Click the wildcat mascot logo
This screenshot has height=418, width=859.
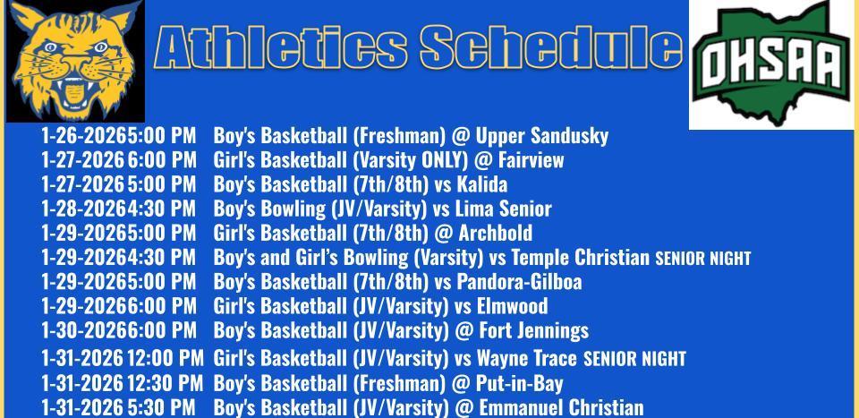click(74, 61)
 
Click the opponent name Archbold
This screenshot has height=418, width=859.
click(495, 234)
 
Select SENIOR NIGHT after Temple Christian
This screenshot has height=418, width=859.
click(702, 259)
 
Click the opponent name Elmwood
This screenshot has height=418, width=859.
click(512, 306)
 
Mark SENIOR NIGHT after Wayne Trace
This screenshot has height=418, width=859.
click(634, 360)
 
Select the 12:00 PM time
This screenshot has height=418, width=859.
click(166, 359)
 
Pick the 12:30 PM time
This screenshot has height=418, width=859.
click(166, 384)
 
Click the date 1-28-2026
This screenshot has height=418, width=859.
click(82, 209)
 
